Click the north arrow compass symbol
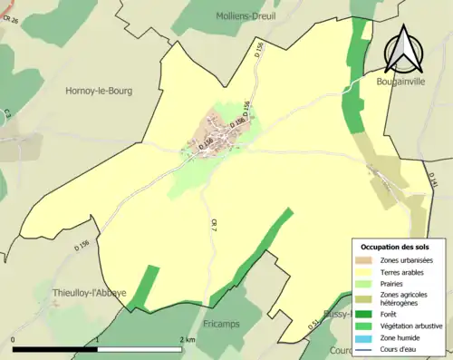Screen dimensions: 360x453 401,49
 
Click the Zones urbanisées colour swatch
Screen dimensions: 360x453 364,259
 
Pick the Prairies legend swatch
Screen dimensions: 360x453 364,282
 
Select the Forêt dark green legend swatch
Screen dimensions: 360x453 364,315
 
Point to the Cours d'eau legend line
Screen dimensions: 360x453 364,348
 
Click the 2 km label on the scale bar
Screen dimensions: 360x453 188,340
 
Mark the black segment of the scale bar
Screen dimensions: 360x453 55,348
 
